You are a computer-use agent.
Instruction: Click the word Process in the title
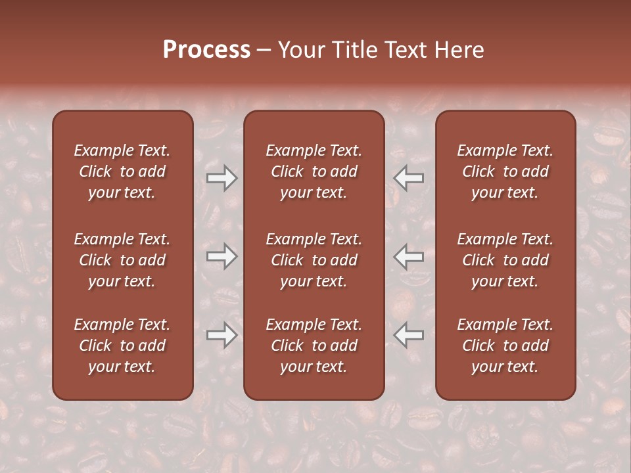[x=206, y=49]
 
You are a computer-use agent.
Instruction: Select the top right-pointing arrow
[x=222, y=178]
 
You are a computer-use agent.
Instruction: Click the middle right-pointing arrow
[x=222, y=256]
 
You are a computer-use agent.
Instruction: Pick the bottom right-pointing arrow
[x=222, y=335]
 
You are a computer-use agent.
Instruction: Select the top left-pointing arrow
[x=408, y=177]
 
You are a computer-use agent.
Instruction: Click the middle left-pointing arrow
[x=408, y=256]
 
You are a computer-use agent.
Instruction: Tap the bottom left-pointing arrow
[x=408, y=335]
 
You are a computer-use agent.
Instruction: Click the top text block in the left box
[x=122, y=171]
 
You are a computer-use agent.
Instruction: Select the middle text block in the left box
[x=122, y=260]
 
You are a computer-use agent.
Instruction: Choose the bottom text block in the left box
[x=122, y=346]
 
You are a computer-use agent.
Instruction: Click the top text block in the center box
[x=314, y=171]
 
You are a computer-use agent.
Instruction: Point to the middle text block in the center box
[x=314, y=260]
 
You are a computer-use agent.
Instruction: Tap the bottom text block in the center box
[x=314, y=346]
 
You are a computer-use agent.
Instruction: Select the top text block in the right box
[x=505, y=171]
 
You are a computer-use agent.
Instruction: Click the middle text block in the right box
[x=505, y=260]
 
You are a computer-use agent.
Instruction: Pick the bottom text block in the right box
[x=505, y=346]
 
